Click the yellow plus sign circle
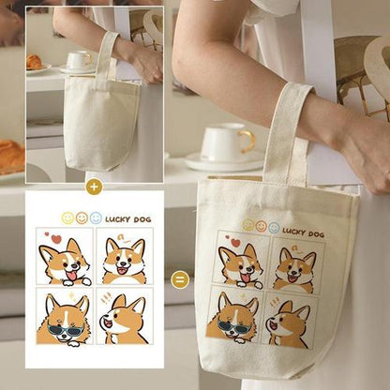[x=93, y=186]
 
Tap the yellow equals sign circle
[x=181, y=279]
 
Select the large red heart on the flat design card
[x=55, y=238]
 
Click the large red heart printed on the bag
[x=234, y=243]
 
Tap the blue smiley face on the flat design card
[x=96, y=217]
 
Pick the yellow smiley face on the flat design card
[x=67, y=217]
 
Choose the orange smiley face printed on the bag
[x=262, y=226]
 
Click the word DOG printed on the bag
[x=318, y=232]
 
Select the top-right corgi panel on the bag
[x=292, y=264]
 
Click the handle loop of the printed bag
[x=287, y=131]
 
